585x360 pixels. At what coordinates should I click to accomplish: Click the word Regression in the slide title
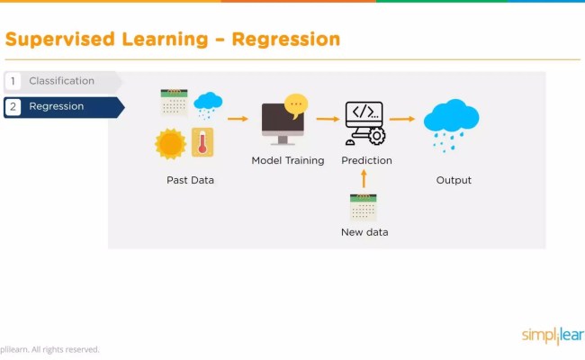(285, 40)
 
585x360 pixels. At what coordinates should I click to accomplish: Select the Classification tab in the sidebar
(61, 81)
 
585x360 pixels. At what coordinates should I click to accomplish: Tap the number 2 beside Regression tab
(13, 107)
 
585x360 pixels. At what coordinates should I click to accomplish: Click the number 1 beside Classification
(13, 82)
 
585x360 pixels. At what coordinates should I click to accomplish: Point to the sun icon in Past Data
(170, 143)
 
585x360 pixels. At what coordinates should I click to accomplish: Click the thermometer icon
(202, 142)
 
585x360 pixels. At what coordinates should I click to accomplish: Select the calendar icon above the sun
(174, 102)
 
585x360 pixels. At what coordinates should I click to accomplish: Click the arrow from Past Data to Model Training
(238, 118)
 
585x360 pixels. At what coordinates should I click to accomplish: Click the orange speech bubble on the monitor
(296, 105)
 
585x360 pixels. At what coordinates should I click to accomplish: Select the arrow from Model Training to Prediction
(327, 118)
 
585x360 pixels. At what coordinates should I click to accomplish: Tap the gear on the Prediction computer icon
(376, 136)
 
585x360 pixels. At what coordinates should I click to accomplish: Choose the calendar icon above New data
(364, 207)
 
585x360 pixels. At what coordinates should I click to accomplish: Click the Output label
(454, 180)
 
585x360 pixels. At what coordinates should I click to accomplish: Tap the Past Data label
(190, 180)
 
